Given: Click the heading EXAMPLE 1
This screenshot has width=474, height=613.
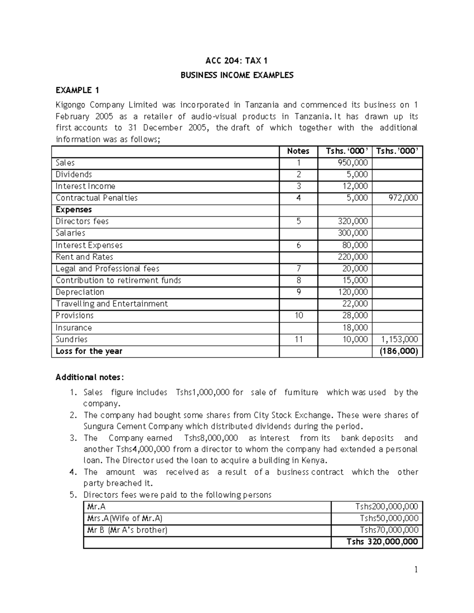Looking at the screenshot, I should [77, 90].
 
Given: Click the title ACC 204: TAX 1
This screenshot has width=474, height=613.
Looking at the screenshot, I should [237, 60].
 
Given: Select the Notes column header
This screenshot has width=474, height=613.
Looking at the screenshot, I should [298, 151].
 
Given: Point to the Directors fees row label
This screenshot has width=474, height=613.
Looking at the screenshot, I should [82, 221].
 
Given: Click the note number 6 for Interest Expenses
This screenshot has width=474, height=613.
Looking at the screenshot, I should [299, 245].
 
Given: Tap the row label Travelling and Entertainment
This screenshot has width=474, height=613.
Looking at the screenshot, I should [112, 304].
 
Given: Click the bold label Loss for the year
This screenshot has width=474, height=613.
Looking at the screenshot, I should [89, 351].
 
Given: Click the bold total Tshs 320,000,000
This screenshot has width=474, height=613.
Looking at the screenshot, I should [382, 542].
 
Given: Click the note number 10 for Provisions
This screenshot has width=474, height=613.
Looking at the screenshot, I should [299, 315].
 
